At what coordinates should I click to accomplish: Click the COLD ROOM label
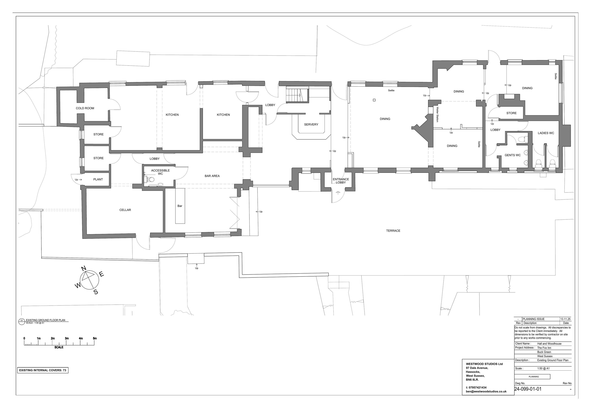tap(85, 108)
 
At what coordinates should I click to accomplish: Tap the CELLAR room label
tap(125, 210)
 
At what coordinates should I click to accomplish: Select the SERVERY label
tap(311, 124)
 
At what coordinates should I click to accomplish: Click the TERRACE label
tap(393, 231)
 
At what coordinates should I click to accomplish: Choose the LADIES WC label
tap(546, 133)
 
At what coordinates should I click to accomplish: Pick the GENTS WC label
tap(512, 155)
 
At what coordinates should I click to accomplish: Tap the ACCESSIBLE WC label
tap(160, 172)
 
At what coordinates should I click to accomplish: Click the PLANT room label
tap(98, 179)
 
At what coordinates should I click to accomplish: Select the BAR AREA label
tap(212, 176)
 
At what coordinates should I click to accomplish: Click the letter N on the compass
tap(84, 269)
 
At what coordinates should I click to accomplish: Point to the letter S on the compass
tap(96, 292)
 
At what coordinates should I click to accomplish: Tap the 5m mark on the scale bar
tap(95, 338)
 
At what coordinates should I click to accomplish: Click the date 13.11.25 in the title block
tap(565, 319)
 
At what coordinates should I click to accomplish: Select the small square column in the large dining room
tap(374, 100)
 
